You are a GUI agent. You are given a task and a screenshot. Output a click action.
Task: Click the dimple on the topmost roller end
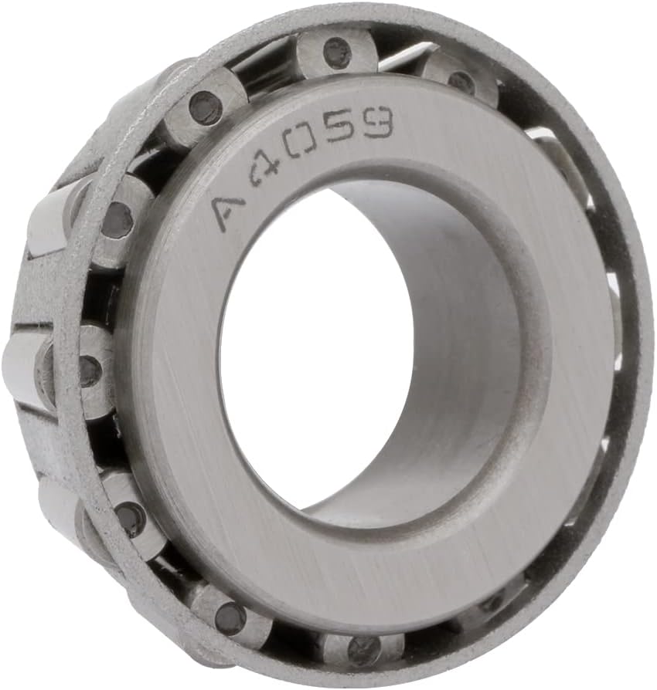337,53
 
